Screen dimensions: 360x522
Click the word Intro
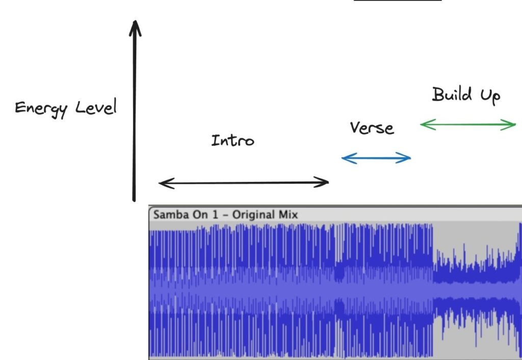pyautogui.click(x=232, y=140)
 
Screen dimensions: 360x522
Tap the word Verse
pyautogui.click(x=372, y=127)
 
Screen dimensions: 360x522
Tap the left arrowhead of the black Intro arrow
pyautogui.click(x=162, y=183)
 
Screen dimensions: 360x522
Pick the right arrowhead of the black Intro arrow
pyautogui.click(x=326, y=182)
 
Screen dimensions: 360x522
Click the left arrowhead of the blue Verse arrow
pyautogui.click(x=345, y=159)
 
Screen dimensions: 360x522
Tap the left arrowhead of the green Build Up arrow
pyautogui.click(x=424, y=124)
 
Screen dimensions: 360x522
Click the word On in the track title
pyautogui.click(x=197, y=215)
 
